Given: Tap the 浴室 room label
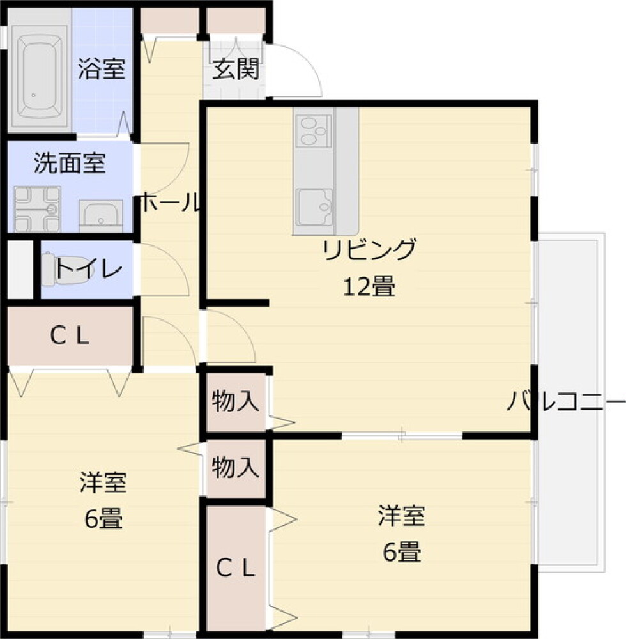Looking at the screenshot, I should pyautogui.click(x=102, y=69).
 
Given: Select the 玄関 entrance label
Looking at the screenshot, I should pyautogui.click(x=236, y=69).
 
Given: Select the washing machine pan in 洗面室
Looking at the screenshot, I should pyautogui.click(x=37, y=208).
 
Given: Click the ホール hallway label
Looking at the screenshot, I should pyautogui.click(x=169, y=203).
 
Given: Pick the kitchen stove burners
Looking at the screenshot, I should pyautogui.click(x=313, y=131).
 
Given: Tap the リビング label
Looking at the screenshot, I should pyautogui.click(x=370, y=249).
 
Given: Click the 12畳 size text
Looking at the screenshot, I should pyautogui.click(x=369, y=288).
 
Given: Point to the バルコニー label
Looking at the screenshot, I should pyautogui.click(x=566, y=402).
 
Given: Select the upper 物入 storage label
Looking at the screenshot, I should pyautogui.click(x=235, y=402).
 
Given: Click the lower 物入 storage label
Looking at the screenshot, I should pyautogui.click(x=235, y=468).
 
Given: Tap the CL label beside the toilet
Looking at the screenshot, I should pyautogui.click(x=70, y=337).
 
